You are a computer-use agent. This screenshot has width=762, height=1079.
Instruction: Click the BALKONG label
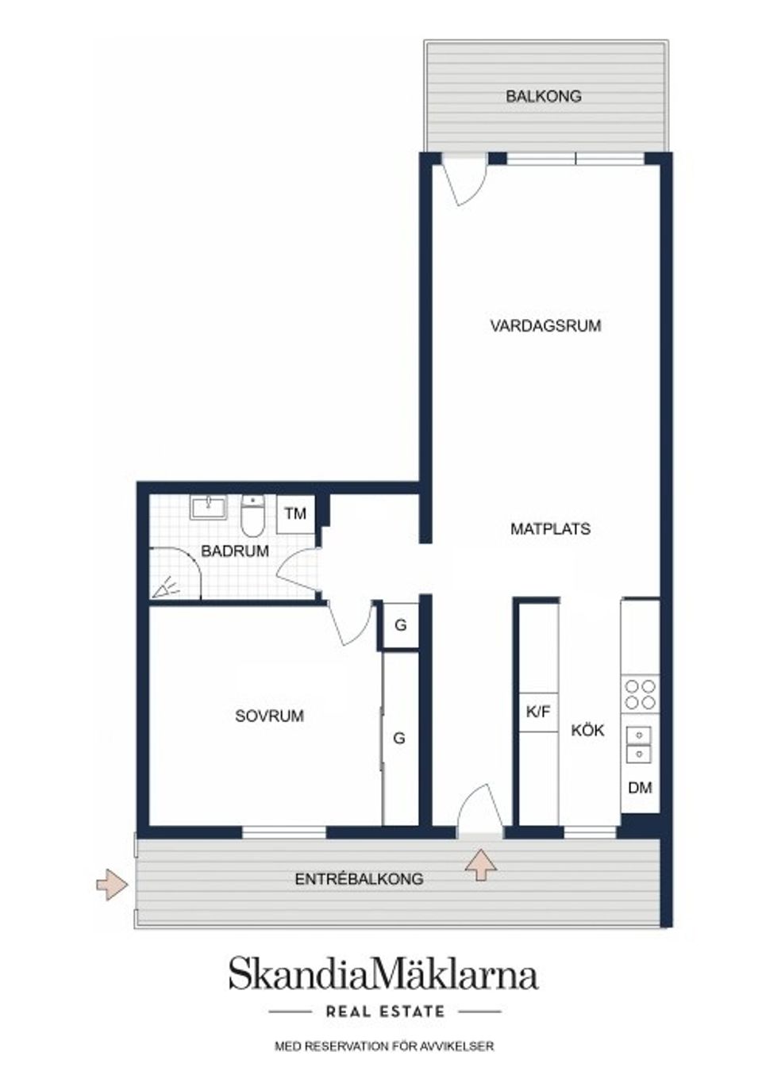pos(544,96)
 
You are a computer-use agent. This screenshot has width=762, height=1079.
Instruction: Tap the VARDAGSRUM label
pos(545,325)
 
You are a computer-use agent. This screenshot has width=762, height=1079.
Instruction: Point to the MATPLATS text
pos(550,529)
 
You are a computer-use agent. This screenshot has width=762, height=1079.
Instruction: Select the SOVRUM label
pos(269,716)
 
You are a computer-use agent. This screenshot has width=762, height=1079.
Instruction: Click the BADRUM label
pos(235,551)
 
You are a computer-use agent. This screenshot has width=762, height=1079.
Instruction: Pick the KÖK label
pos(587,730)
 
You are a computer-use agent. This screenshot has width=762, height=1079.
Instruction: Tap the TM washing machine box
pos(295,513)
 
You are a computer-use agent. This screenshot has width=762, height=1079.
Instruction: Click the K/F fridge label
pos(538,712)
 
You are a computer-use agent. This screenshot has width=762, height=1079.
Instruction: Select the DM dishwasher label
pos(640,788)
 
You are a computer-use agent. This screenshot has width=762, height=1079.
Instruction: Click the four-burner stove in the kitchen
pos(640,694)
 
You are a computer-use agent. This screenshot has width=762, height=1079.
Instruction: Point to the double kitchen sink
pos(638,743)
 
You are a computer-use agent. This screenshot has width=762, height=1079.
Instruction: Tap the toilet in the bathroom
pos(252,516)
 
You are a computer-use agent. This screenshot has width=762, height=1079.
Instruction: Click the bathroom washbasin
pos(208,507)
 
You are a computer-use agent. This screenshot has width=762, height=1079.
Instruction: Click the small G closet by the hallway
pos(400,625)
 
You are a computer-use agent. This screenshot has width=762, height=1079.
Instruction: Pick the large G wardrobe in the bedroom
pos(399,738)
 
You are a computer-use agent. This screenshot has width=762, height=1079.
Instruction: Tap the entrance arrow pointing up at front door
pos(480,864)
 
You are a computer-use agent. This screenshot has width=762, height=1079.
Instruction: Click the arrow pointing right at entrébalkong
pos(112,884)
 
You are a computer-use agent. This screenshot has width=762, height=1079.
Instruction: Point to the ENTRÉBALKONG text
pos(359,879)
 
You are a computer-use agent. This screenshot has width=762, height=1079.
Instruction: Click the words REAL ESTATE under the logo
pos(385,1012)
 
